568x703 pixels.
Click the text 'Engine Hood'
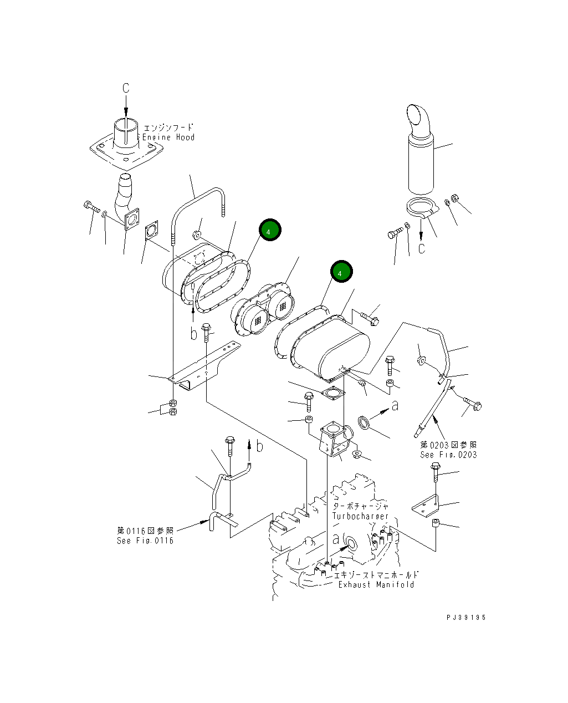point(168,137)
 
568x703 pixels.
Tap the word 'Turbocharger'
point(360,516)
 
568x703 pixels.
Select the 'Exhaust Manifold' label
point(376,584)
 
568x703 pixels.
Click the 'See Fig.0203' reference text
point(448,455)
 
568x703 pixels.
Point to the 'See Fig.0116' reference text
point(145,541)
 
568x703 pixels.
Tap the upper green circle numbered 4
point(268,231)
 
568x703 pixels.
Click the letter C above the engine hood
point(126,88)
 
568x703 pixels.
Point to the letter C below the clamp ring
point(422,248)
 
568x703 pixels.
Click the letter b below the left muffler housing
point(193,334)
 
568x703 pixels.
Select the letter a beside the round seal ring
point(395,406)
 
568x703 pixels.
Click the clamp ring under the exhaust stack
point(421,208)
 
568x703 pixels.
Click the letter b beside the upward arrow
point(259,446)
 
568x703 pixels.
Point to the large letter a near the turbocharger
point(335,538)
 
